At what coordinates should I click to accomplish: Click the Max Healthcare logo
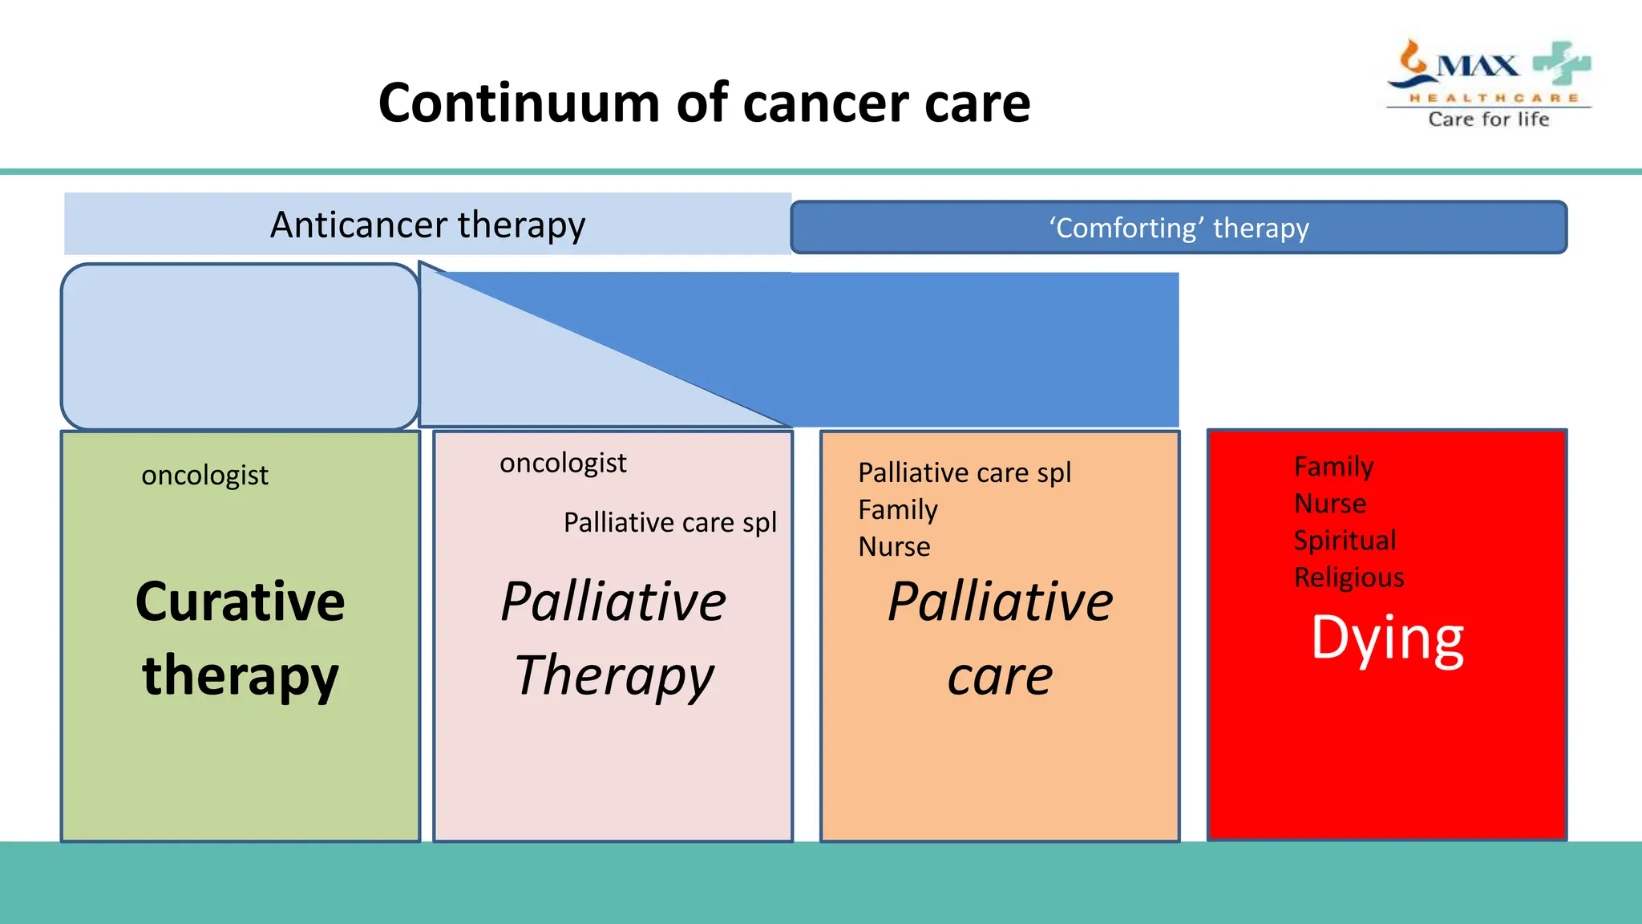pyautogui.click(x=1488, y=72)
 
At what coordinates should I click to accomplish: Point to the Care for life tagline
pyautogui.click(x=1488, y=120)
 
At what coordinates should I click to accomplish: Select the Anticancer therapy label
pyautogui.click(x=427, y=225)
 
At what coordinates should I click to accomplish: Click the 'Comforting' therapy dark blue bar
pyautogui.click(x=1179, y=228)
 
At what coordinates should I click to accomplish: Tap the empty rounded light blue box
pyautogui.click(x=240, y=346)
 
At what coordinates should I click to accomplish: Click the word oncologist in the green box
pyautogui.click(x=204, y=476)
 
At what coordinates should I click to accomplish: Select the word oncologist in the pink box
pyautogui.click(x=563, y=463)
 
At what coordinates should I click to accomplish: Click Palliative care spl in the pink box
pyautogui.click(x=670, y=522)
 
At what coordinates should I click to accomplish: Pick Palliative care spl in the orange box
pyautogui.click(x=965, y=472)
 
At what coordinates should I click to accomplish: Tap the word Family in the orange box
pyautogui.click(x=898, y=509)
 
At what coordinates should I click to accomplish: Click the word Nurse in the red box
pyautogui.click(x=1330, y=503)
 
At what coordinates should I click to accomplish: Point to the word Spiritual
pyautogui.click(x=1345, y=540)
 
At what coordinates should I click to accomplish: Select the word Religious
pyautogui.click(x=1349, y=577)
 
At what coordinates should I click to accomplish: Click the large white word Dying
pyautogui.click(x=1387, y=639)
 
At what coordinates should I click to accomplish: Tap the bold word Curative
pyautogui.click(x=240, y=602)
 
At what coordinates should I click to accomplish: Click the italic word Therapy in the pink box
pyautogui.click(x=613, y=675)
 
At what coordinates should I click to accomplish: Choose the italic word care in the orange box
pyautogui.click(x=1000, y=677)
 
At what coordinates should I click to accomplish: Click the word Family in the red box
pyautogui.click(x=1333, y=466)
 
